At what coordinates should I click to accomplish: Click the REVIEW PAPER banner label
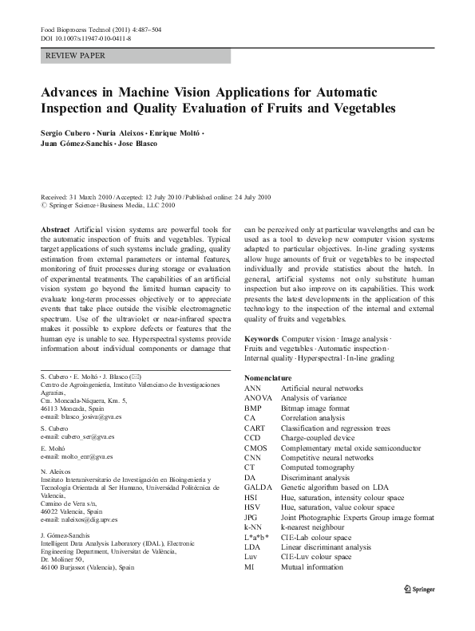(x=77, y=56)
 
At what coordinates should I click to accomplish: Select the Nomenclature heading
(x=274, y=377)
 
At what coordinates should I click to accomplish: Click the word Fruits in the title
(x=301, y=108)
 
